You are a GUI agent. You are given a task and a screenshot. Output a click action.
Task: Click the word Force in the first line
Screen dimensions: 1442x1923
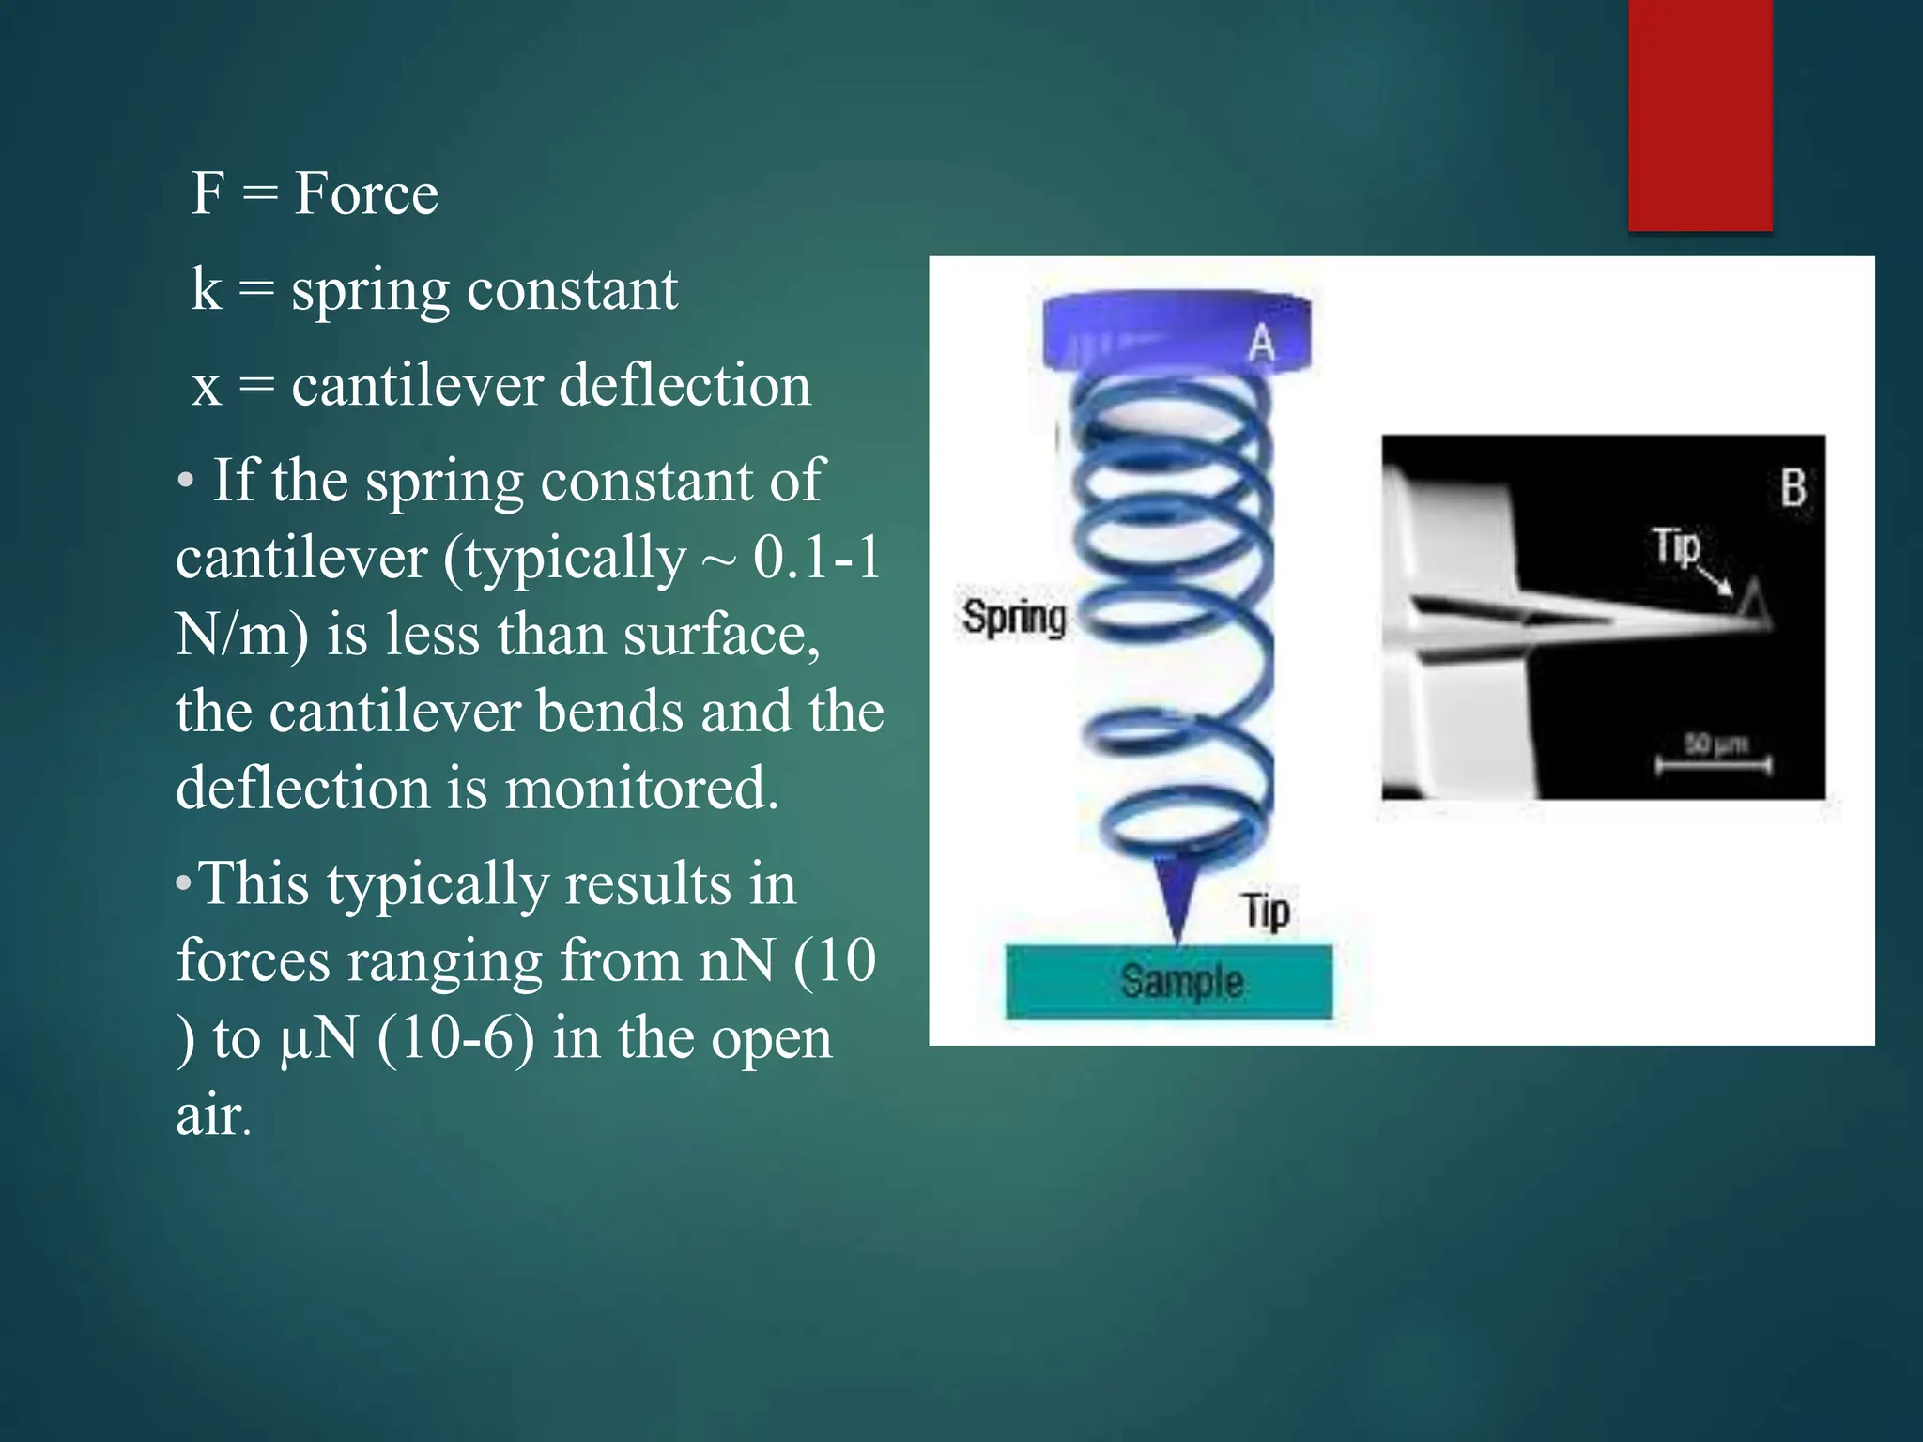pos(365,193)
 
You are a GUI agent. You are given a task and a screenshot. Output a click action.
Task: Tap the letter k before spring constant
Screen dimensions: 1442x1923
pos(206,288)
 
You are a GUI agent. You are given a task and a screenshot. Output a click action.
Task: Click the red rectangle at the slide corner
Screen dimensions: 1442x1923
pos(1700,115)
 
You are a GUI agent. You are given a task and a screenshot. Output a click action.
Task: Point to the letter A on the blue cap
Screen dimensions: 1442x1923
pos(1262,344)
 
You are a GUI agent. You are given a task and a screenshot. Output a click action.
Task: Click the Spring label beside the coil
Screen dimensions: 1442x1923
pos(1014,618)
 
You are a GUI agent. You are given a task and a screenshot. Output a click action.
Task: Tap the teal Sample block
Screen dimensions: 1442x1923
pos(1169,981)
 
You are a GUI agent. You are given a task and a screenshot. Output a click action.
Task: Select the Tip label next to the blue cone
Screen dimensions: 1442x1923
pos(1266,911)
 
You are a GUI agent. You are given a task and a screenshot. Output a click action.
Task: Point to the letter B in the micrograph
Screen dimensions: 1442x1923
pos(1792,488)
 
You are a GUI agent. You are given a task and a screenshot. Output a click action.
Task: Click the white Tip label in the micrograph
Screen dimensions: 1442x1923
pos(1676,546)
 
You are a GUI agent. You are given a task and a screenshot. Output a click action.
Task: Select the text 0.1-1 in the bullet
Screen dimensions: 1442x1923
pos(817,558)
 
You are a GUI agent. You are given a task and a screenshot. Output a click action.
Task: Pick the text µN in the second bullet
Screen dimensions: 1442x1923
pos(319,1039)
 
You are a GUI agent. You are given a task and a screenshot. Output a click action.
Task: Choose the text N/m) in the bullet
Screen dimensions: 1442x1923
pos(241,635)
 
